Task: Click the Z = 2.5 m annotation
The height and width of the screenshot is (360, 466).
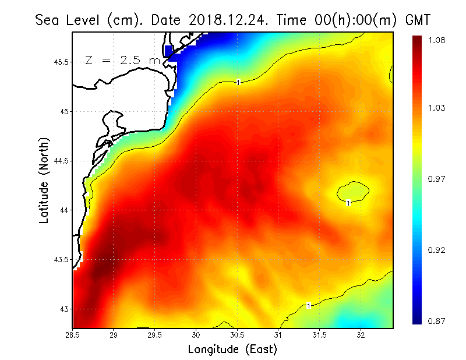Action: point(122,60)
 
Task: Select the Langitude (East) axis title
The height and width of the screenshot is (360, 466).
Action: point(232,349)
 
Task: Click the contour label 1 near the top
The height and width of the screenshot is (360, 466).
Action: point(239,83)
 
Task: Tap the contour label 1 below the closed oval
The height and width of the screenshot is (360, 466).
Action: point(348,203)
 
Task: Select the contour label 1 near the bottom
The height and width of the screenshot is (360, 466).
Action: point(308,305)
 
